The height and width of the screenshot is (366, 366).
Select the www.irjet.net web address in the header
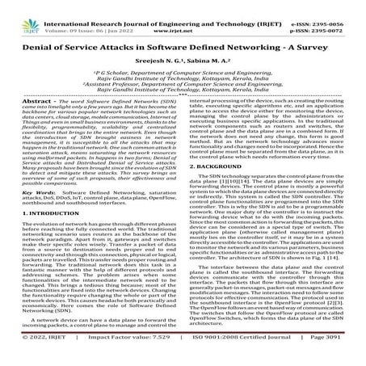tap(183, 16)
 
